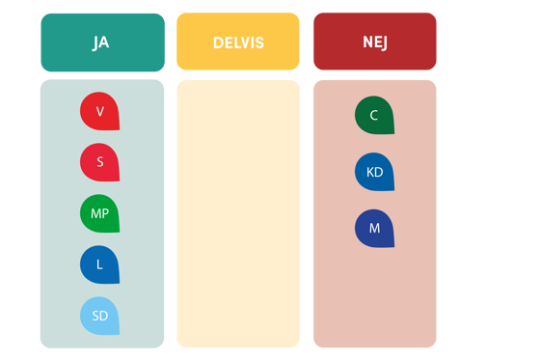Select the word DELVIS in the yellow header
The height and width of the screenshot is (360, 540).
pyautogui.click(x=238, y=42)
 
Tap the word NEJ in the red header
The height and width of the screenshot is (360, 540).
pyautogui.click(x=375, y=42)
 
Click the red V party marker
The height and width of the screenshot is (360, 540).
pyautogui.click(x=99, y=112)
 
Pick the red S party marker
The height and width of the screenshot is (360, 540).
pyautogui.click(x=99, y=162)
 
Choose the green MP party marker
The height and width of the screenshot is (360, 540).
pyautogui.click(x=99, y=214)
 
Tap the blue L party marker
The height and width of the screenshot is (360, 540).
pyautogui.click(x=99, y=264)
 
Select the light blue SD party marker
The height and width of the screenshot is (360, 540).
pyautogui.click(x=99, y=316)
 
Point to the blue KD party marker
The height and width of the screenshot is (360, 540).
pyautogui.click(x=374, y=173)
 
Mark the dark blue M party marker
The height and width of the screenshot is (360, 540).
pyautogui.click(x=374, y=229)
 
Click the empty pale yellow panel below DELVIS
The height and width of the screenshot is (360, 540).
pyautogui.click(x=238, y=212)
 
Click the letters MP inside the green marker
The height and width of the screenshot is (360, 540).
pyautogui.click(x=99, y=214)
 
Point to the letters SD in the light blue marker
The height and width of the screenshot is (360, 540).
pyautogui.click(x=99, y=316)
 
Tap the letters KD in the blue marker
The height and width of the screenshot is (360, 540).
pyautogui.click(x=374, y=173)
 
